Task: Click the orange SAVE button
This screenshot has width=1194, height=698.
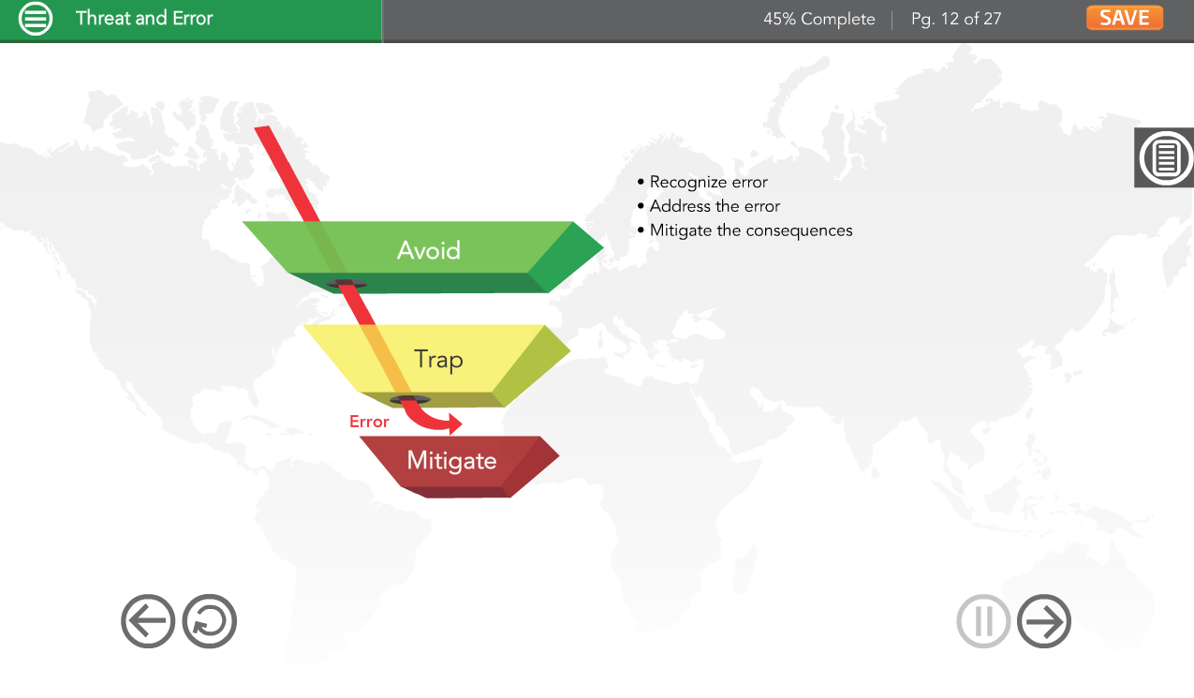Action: (1125, 18)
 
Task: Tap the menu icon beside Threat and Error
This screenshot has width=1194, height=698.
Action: (36, 19)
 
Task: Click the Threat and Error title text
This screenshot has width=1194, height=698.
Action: (144, 18)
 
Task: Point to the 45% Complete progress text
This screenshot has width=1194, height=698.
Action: (819, 19)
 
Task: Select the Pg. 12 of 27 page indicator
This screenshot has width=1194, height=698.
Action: (956, 19)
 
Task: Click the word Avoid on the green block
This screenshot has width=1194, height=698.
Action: (429, 250)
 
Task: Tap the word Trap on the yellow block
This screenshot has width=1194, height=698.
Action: (438, 360)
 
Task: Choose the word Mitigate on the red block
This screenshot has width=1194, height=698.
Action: (451, 461)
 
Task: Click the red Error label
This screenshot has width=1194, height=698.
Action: (369, 422)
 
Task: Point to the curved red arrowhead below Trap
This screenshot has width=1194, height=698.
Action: (455, 423)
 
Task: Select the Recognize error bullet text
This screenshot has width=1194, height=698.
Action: (708, 183)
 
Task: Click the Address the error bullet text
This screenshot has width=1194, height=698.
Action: (715, 206)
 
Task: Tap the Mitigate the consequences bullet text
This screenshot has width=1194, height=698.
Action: (751, 230)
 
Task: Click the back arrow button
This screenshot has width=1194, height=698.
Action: (148, 621)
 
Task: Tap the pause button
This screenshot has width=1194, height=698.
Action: (983, 621)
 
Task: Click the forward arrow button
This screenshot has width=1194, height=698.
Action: (1043, 621)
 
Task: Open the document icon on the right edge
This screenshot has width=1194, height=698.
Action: (1165, 157)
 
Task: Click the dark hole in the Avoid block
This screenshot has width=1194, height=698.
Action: (346, 284)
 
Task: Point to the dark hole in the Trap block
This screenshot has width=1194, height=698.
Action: (410, 399)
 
